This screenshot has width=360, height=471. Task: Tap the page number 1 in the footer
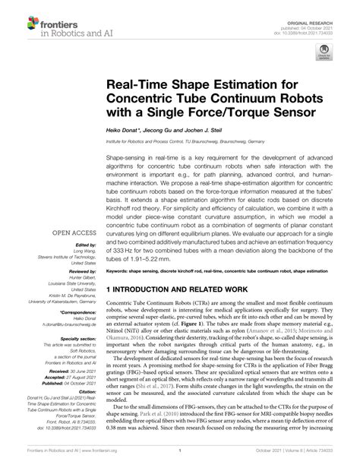coord(179,461)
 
